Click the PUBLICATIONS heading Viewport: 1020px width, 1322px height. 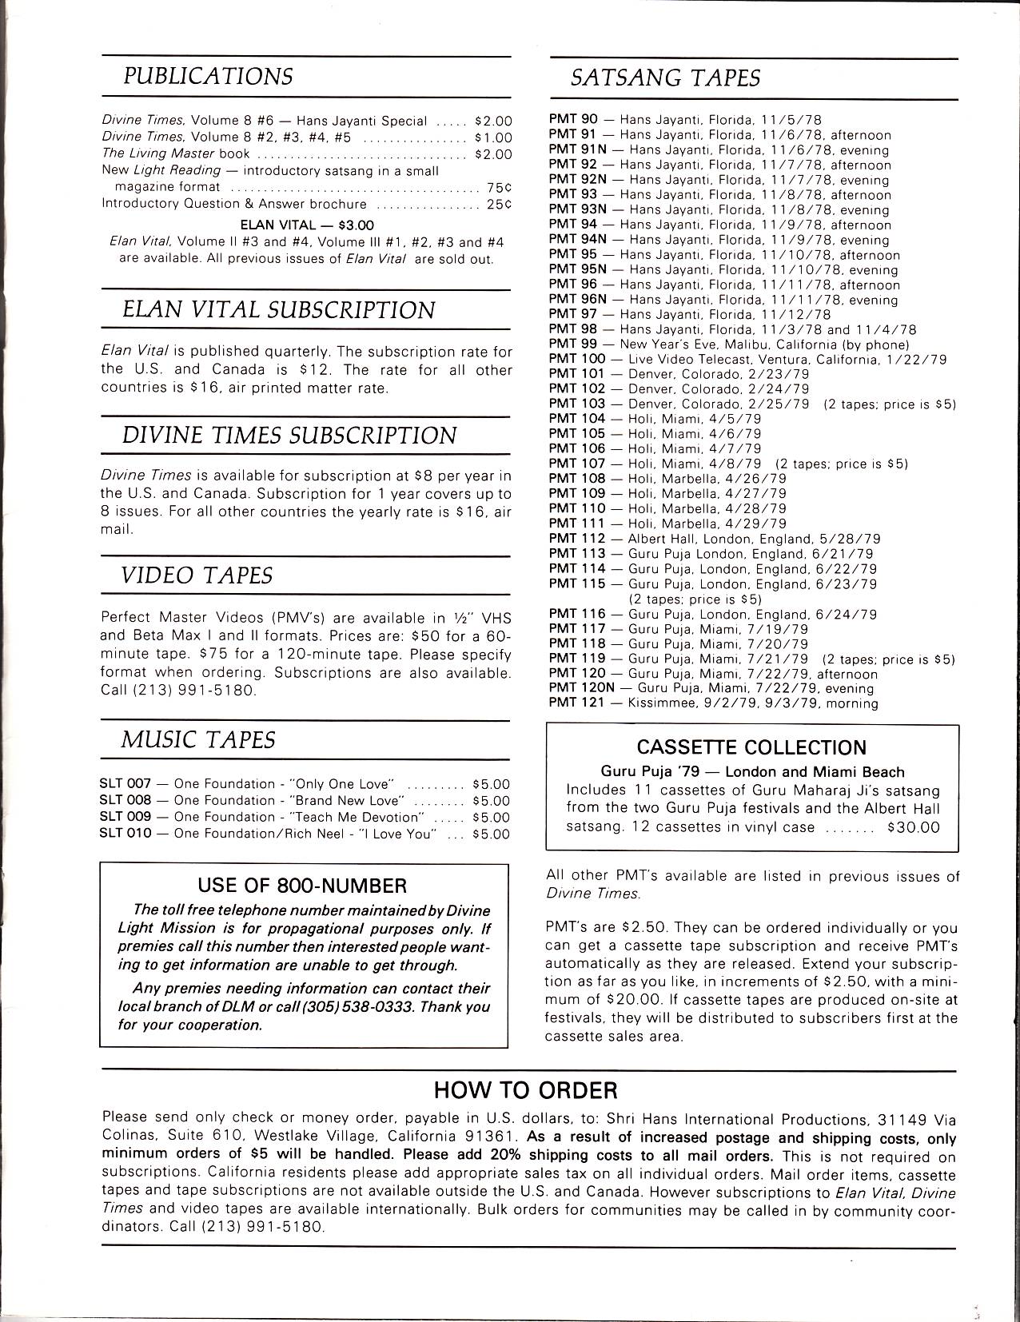tap(207, 77)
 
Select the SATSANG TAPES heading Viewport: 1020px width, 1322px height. tap(664, 78)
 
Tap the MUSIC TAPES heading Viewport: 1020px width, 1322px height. tap(197, 740)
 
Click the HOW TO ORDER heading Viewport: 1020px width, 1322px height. tap(525, 1090)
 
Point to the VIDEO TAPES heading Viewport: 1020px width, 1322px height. tap(197, 575)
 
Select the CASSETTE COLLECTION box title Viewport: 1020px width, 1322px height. tap(751, 748)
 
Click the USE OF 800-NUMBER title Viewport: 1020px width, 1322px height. tap(302, 886)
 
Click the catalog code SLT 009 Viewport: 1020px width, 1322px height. tap(126, 818)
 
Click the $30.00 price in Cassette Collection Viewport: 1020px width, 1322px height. tap(913, 828)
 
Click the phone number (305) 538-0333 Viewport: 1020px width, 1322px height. tap(367, 1007)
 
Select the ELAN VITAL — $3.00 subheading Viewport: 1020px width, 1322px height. tap(307, 225)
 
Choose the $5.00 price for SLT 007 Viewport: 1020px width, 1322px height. tap(491, 784)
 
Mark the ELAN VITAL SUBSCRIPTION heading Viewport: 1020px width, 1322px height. tap(279, 311)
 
